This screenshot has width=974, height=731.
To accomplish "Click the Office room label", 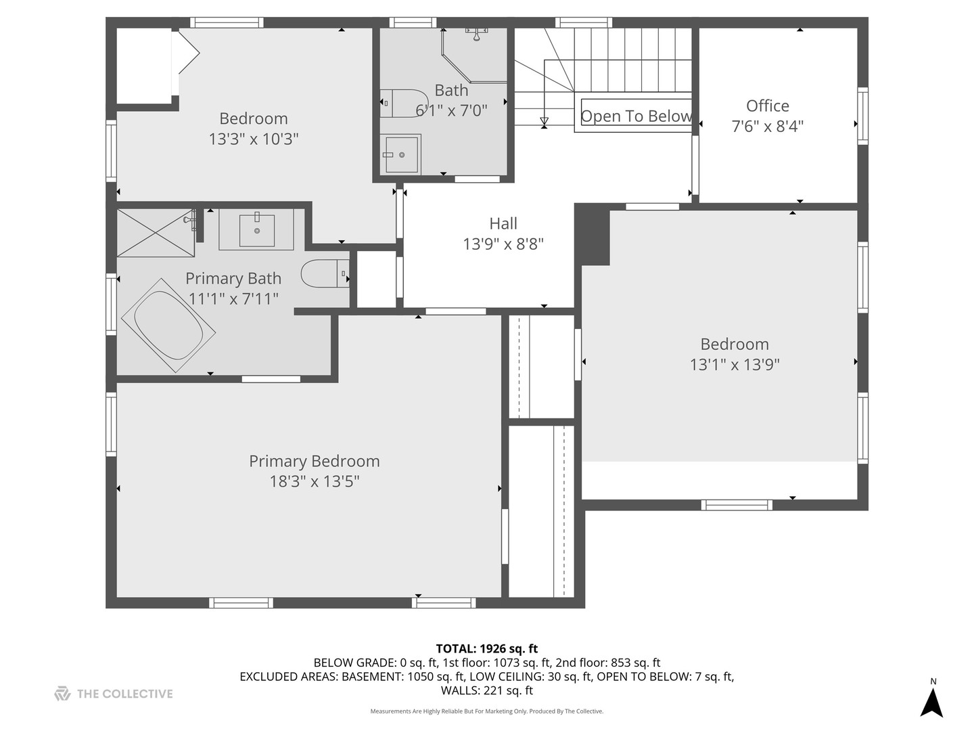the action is click(x=767, y=106).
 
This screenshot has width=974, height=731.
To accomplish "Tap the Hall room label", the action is click(x=503, y=223).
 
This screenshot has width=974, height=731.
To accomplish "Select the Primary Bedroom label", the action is click(x=314, y=461).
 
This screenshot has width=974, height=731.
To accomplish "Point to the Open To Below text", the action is click(x=636, y=116).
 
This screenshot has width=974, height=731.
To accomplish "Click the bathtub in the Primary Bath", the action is click(x=168, y=326).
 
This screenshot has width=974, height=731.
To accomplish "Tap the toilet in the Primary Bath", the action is click(x=325, y=273).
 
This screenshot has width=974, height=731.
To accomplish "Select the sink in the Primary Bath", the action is click(x=256, y=229).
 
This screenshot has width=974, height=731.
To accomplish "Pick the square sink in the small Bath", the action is click(x=400, y=154).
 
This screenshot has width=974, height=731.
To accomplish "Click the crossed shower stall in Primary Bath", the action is click(x=156, y=233).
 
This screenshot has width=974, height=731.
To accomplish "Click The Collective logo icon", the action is click(x=62, y=694).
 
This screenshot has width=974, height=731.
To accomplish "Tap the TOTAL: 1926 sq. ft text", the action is click(x=487, y=649).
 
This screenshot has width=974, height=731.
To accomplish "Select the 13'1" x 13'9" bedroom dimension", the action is click(x=735, y=364).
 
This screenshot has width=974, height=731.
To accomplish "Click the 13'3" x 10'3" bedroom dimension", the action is click(x=254, y=139).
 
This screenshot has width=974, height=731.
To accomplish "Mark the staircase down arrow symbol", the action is click(x=544, y=121).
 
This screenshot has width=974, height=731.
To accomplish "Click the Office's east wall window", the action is click(x=862, y=116).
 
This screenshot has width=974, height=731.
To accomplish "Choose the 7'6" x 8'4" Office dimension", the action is click(x=767, y=127).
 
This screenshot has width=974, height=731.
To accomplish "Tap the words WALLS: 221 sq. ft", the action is click(x=487, y=690).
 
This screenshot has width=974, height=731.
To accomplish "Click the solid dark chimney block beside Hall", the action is click(x=593, y=234).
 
